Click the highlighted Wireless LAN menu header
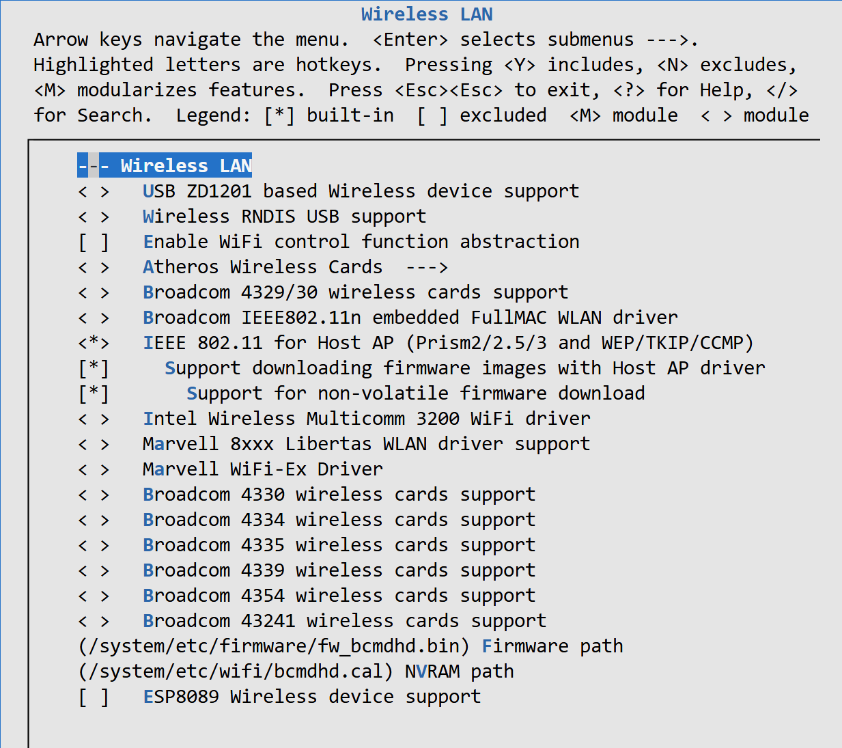(165, 166)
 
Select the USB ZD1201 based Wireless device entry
(360, 191)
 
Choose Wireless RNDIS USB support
(284, 217)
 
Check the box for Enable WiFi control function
(94, 242)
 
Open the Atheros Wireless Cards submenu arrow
(426, 267)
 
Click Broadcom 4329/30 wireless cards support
(355, 292)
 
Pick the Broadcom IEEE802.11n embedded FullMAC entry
(410, 318)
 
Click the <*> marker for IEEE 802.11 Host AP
(94, 343)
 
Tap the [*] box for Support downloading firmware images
(94, 368)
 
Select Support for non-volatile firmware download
(415, 393)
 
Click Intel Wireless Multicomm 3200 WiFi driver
(366, 419)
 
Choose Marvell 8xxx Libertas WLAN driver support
(366, 444)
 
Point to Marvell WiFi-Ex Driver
(262, 469)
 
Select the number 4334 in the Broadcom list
(262, 520)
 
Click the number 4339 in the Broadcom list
(262, 570)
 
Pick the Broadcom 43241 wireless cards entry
(344, 621)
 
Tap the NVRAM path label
(459, 671)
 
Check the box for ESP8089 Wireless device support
(94, 697)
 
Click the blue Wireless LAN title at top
(427, 14)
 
